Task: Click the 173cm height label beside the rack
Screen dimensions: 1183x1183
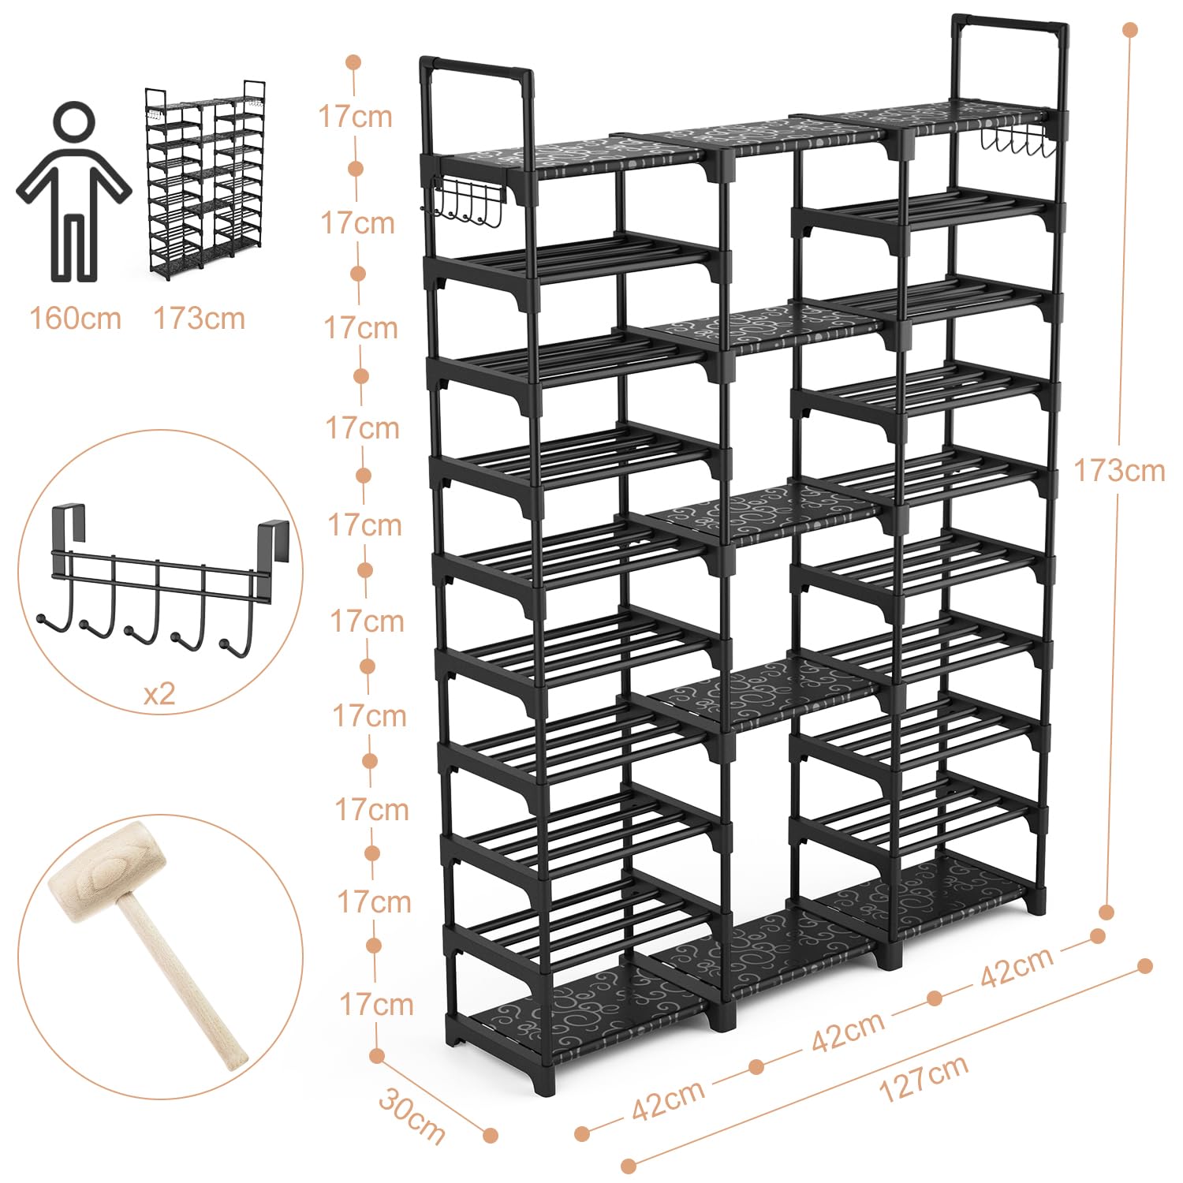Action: coord(1119,470)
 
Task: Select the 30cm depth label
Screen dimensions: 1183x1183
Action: coord(412,1115)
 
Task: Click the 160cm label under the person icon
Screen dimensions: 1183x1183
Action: coord(76,319)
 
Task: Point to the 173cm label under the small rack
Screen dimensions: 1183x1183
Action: coord(199,319)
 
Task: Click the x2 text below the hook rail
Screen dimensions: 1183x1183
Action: coord(159,694)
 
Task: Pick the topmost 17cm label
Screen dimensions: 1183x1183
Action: coord(355,117)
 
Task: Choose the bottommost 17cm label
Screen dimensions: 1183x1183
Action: coord(376,1004)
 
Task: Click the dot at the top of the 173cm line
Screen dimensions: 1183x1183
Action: coord(1130,30)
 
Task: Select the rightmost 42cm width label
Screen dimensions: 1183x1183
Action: coord(1017,966)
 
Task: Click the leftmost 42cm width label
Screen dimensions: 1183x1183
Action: coord(669,1100)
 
